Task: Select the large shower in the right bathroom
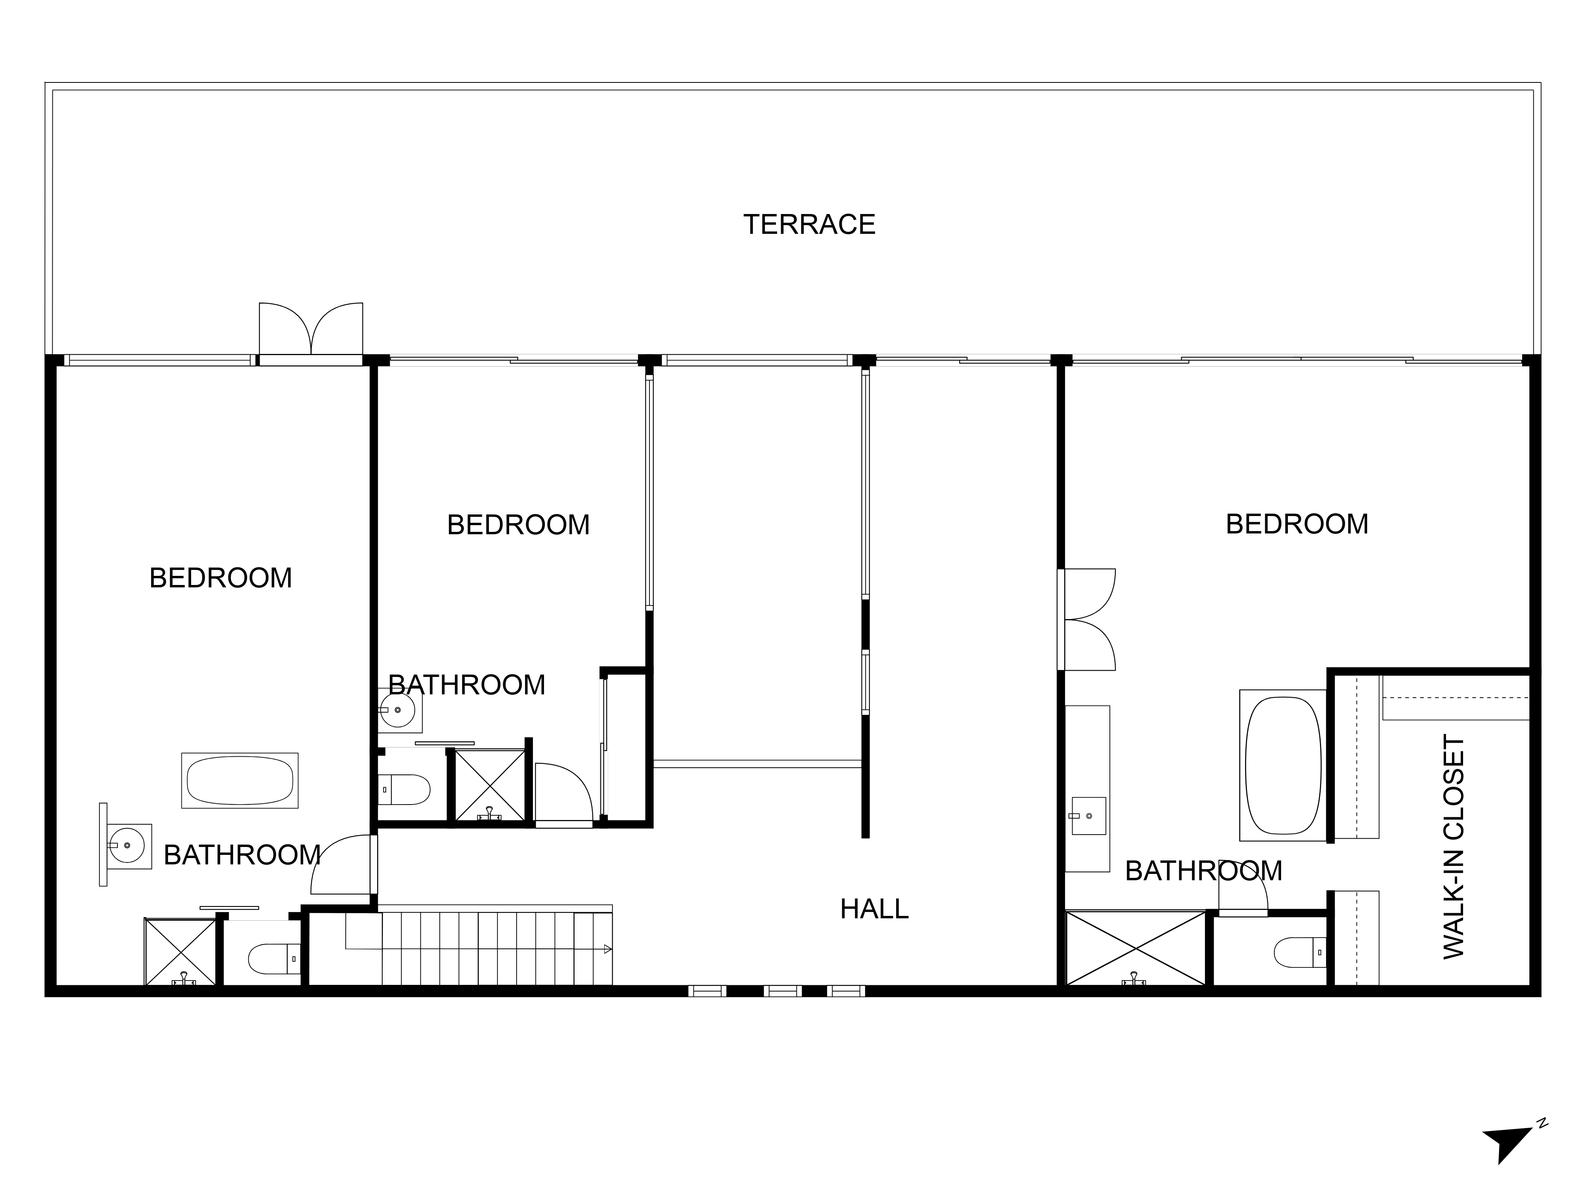pos(1136,948)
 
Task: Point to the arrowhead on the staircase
pos(607,950)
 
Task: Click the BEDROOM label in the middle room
pos(518,525)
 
